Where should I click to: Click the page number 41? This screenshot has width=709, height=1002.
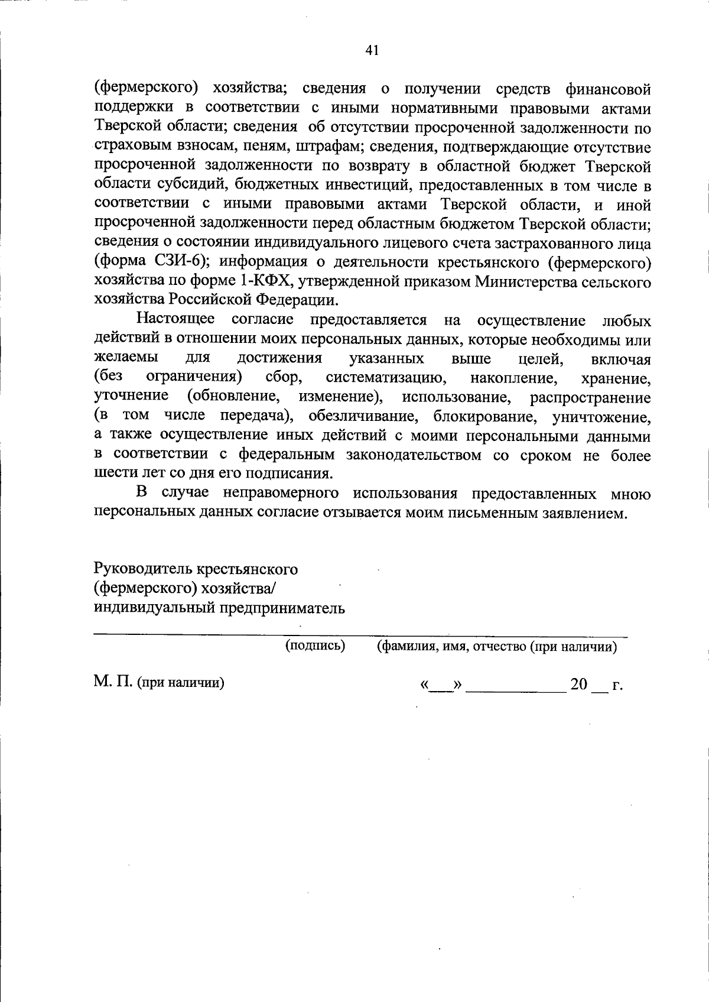coord(372,51)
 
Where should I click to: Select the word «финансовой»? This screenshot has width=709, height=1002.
coord(608,90)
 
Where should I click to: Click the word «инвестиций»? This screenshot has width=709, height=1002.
coord(366,186)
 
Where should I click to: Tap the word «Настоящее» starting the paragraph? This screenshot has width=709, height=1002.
coord(175,320)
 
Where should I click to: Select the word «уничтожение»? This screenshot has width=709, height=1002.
coord(601,417)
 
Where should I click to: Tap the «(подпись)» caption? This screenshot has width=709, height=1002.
coord(315,646)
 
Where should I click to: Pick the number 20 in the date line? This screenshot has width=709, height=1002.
coord(579,685)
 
